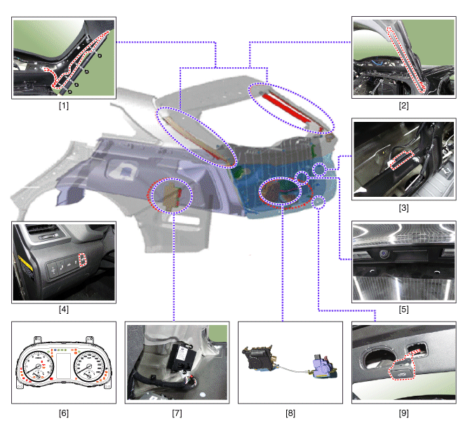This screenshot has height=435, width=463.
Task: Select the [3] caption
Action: (x=403, y=207)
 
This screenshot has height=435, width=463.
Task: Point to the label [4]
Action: (x=64, y=309)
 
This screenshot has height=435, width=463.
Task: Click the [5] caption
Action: (x=403, y=309)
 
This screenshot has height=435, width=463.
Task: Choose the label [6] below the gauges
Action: (x=64, y=413)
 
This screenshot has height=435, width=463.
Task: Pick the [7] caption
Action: (x=177, y=413)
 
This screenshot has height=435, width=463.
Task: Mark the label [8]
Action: (x=290, y=413)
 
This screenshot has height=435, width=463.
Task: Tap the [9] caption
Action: (x=403, y=413)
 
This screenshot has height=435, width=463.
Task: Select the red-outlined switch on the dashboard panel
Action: (x=81, y=261)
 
